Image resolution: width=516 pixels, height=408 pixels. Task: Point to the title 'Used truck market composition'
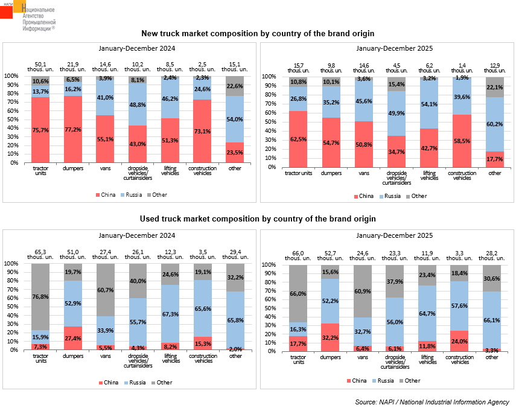coord(258,218)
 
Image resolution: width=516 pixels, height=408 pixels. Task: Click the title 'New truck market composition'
coord(258,33)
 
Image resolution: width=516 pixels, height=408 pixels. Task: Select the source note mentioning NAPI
coord(432,402)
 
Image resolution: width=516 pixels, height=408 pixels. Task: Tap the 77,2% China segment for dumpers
coord(73,129)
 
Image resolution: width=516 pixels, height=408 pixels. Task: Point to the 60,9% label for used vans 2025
coord(363,291)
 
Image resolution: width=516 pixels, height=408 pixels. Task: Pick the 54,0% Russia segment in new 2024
coord(235,119)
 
